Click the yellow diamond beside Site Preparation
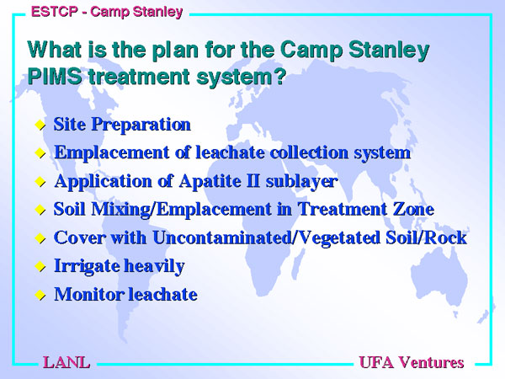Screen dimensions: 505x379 (40, 125)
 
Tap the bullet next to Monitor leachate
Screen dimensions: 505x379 (40, 295)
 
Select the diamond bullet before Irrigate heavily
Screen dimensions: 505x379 (40, 266)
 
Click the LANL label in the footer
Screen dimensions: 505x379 (66, 362)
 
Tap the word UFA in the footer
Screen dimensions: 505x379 (376, 362)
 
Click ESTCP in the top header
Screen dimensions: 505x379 (55, 12)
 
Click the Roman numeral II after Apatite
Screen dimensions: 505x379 (253, 181)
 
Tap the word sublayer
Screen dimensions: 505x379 (302, 181)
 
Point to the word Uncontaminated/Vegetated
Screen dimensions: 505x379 (266, 238)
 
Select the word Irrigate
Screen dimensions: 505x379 (87, 266)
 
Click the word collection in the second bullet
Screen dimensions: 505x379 (310, 152)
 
